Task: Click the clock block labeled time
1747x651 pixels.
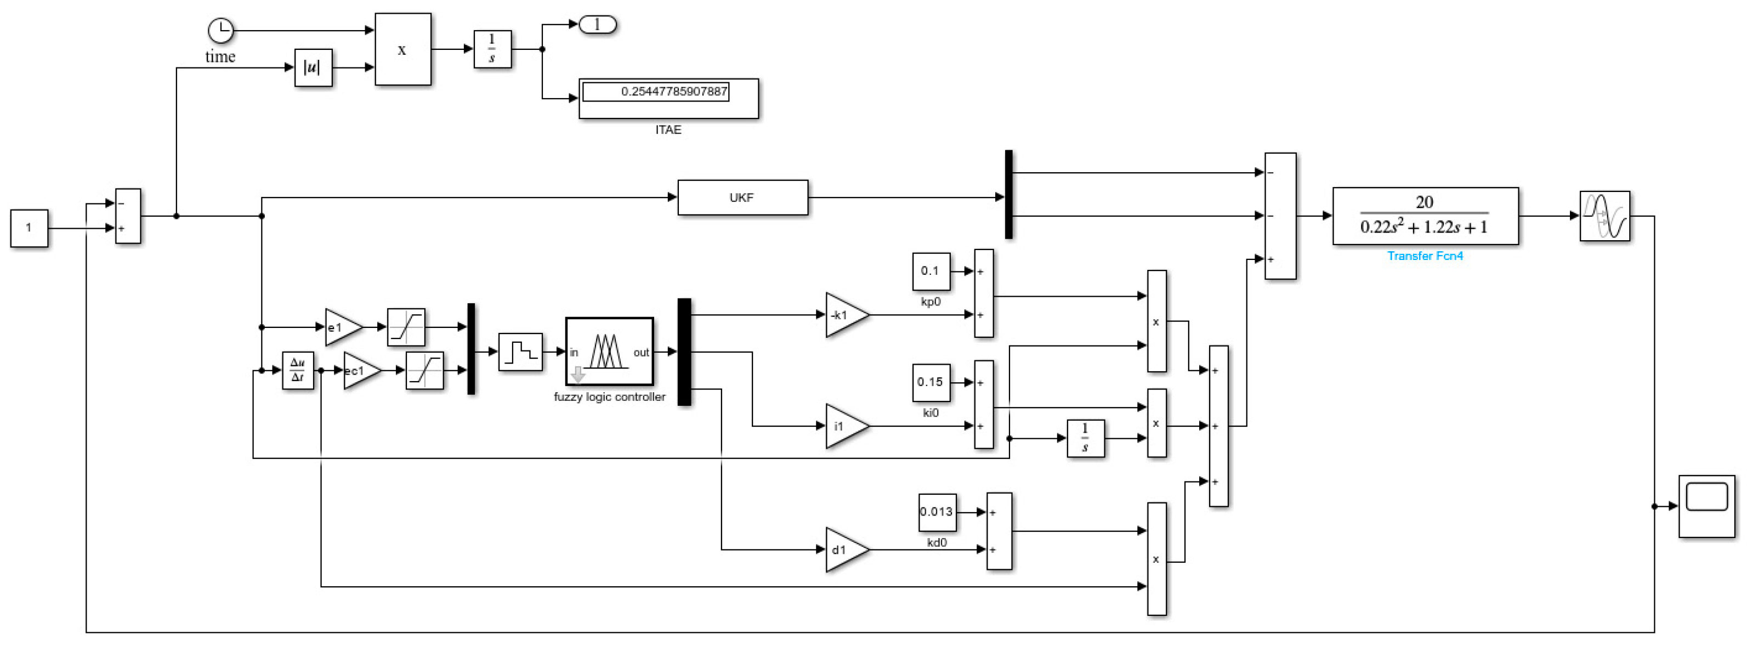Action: tap(220, 31)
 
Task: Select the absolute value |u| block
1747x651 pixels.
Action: tap(313, 67)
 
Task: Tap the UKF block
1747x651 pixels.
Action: tap(742, 197)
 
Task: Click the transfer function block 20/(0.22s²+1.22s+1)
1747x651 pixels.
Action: tap(1425, 216)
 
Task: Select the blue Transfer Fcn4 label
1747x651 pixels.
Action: tap(1425, 256)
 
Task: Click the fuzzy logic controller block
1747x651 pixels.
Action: tap(609, 351)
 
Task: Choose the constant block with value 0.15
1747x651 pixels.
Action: tap(931, 382)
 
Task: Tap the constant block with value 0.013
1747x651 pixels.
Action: tap(937, 512)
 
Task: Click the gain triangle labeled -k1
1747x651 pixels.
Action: tap(844, 315)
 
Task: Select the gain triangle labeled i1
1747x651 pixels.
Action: tap(844, 426)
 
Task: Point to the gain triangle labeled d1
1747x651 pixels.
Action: tap(844, 550)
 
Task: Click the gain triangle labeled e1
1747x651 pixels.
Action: tap(341, 327)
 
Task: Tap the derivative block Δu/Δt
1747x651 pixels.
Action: tap(298, 370)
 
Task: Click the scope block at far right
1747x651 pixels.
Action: tap(1706, 506)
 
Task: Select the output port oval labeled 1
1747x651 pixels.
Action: tap(597, 25)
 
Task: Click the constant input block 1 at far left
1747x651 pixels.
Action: tap(29, 228)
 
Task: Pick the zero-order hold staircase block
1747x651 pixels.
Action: tap(520, 351)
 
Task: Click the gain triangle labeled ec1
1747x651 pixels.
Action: tap(360, 370)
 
